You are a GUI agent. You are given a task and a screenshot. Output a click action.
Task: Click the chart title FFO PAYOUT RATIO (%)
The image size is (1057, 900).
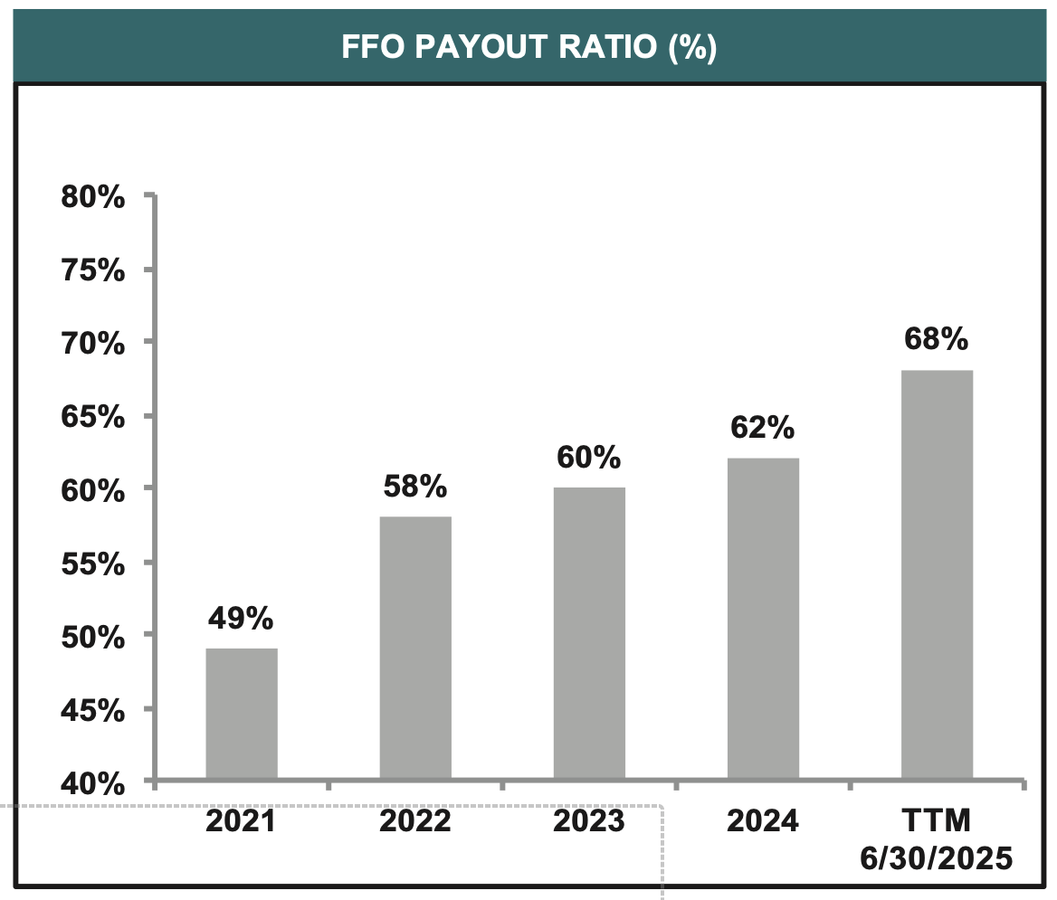pos(528,46)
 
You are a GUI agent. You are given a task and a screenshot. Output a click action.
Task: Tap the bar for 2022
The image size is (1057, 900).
pos(415,647)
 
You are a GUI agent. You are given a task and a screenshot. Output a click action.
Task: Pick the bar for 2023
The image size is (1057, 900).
pos(589,632)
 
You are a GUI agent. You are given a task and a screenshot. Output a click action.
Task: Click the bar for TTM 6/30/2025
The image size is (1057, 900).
pos(937,573)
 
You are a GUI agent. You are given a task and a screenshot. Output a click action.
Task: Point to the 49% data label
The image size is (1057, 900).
pos(241,619)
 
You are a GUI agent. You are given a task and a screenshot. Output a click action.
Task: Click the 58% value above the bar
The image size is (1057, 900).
pos(414,487)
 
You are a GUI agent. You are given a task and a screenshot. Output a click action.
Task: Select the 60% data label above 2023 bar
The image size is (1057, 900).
pos(588,458)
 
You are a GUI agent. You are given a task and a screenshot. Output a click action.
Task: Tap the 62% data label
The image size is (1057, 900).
pos(762,428)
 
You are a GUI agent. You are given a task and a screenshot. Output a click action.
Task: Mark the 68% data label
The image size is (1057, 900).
pos(936,340)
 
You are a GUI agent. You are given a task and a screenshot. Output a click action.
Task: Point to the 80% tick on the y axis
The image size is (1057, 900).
pos(93,196)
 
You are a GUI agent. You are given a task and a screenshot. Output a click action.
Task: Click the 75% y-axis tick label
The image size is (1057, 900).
pos(93,270)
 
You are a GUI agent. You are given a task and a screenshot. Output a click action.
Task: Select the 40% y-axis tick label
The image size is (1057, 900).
pos(93,783)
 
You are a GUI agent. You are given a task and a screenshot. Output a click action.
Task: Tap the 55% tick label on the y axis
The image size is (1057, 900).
pos(93,564)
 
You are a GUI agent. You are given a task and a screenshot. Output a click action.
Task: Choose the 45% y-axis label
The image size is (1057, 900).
pos(93,710)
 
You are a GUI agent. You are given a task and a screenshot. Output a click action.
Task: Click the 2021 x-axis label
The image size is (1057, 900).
pos(241,821)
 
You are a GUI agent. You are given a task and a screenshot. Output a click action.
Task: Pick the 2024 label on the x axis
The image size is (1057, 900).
pos(762,821)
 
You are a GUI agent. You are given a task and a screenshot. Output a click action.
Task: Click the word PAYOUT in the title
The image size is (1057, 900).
pos(491,46)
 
